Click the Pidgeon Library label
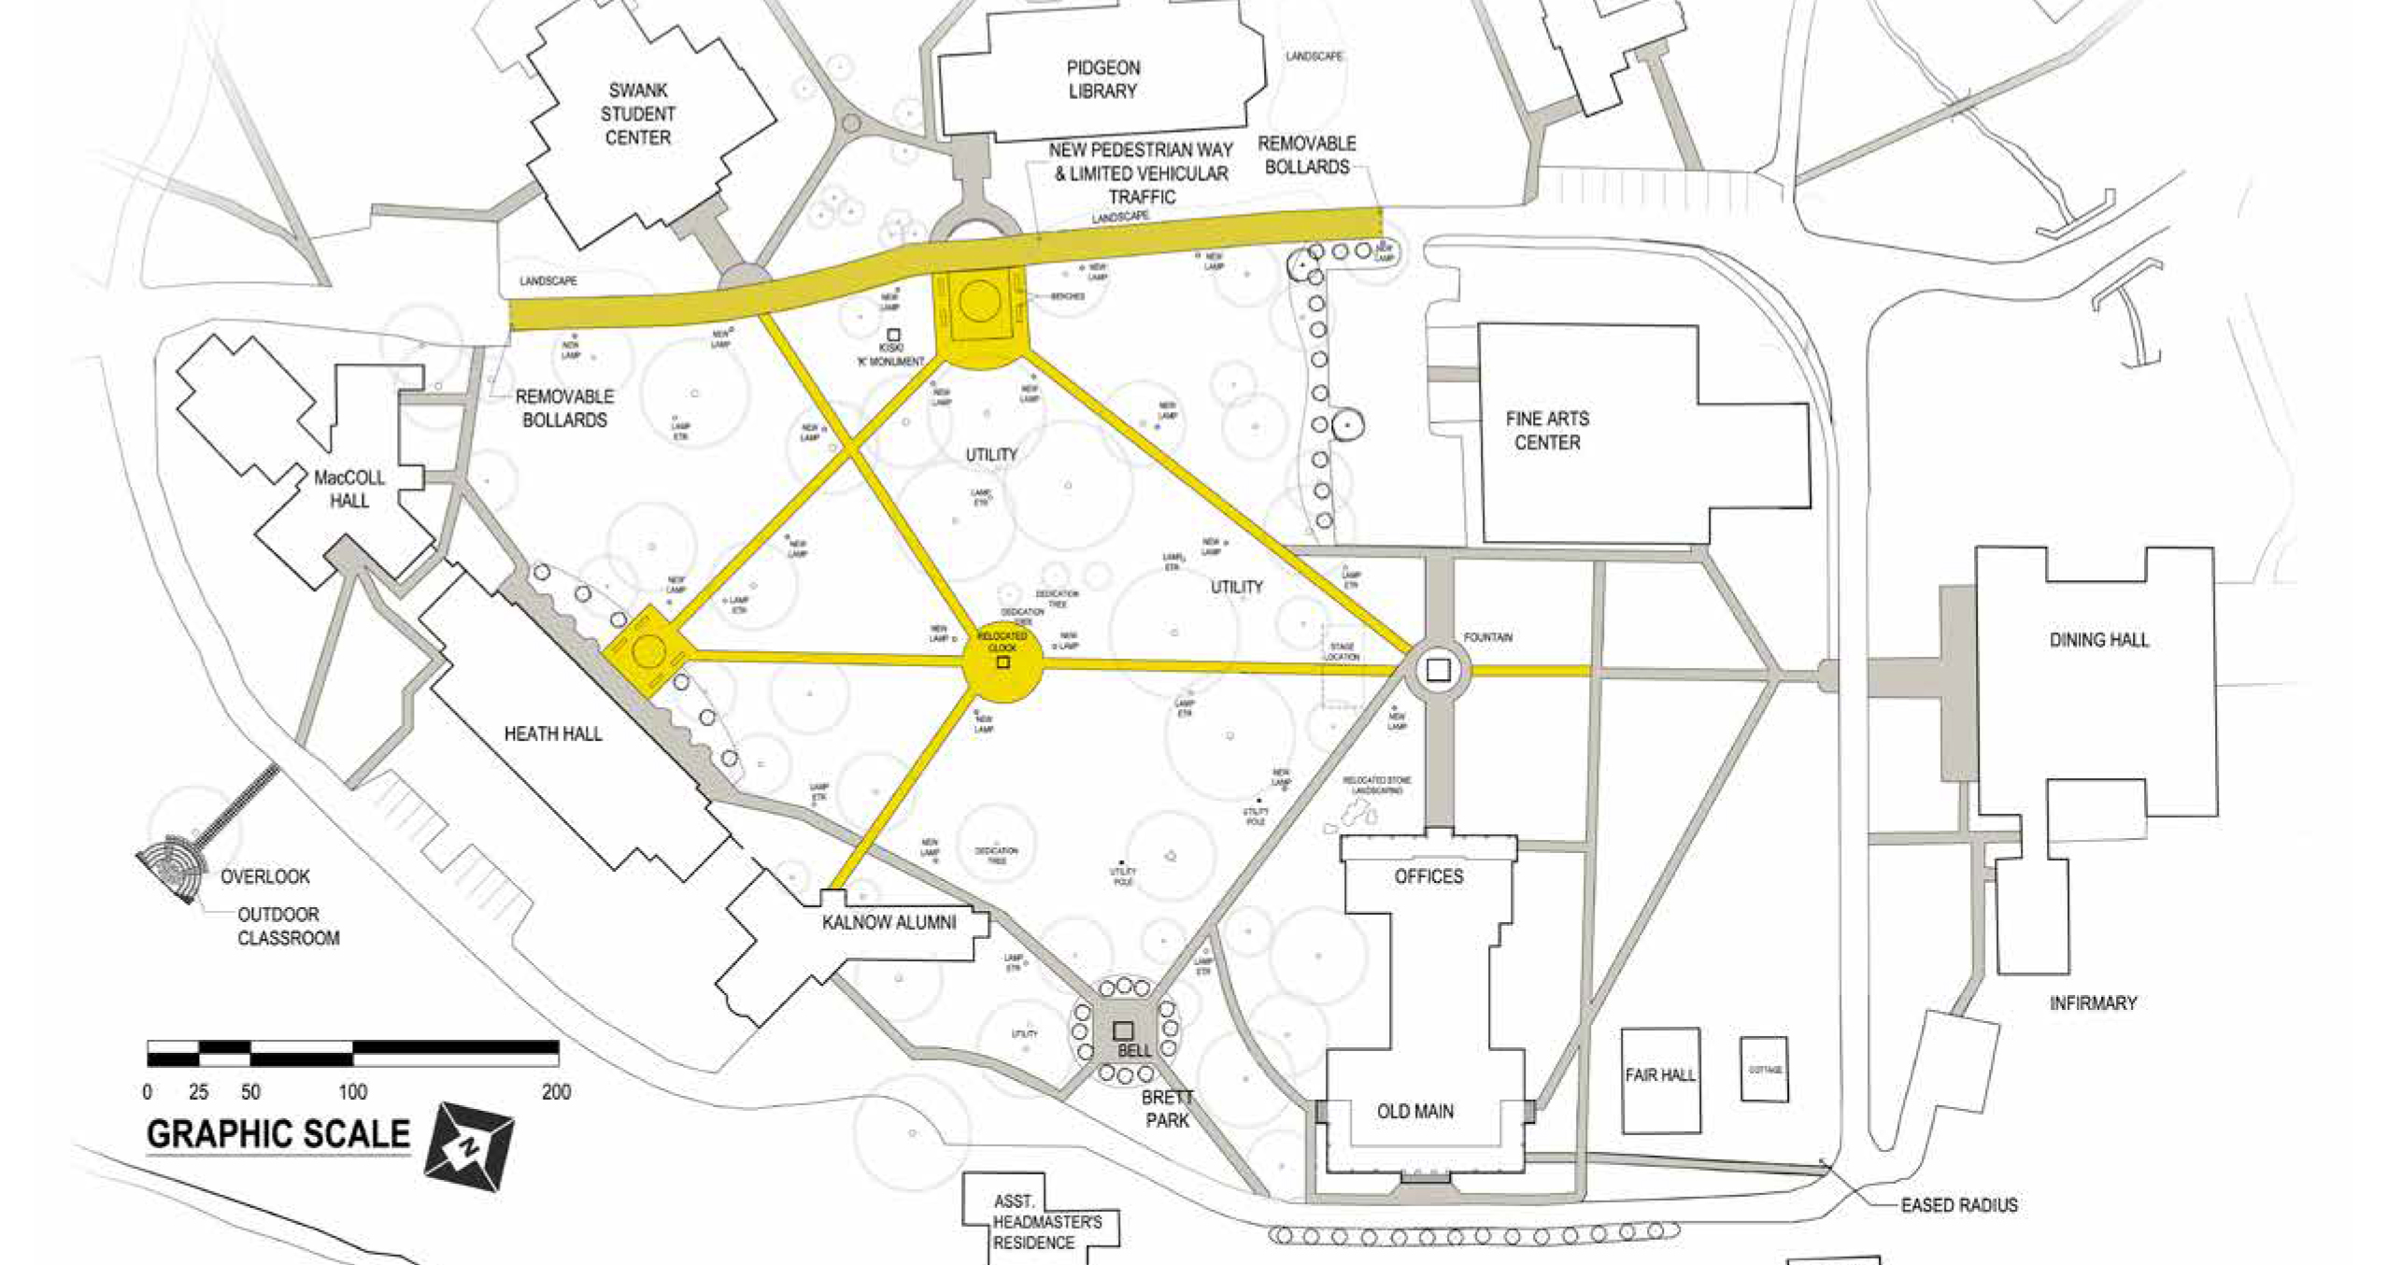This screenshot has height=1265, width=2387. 1102,79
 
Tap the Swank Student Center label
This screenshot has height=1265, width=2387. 637,114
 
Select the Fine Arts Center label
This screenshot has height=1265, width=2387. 1546,431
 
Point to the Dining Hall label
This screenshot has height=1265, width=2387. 2098,640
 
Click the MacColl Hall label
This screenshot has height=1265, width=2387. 348,489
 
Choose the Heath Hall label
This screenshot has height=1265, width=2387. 552,734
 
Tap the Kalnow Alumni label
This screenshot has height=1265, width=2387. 888,923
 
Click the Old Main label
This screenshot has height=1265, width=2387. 1414,1112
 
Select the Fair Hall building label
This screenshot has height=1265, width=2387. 1659,1075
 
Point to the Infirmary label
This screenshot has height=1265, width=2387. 2093,1003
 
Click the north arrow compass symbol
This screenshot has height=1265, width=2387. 470,1145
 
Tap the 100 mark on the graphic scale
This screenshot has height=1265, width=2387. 352,1091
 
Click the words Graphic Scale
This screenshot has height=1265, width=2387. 278,1134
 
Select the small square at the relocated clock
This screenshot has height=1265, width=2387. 1002,662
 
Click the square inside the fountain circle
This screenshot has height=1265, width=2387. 1438,669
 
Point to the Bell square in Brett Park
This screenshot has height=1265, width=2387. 1123,1030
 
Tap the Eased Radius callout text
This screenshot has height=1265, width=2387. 1958,1205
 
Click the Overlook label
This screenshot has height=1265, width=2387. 264,877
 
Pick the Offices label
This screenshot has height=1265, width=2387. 1428,876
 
